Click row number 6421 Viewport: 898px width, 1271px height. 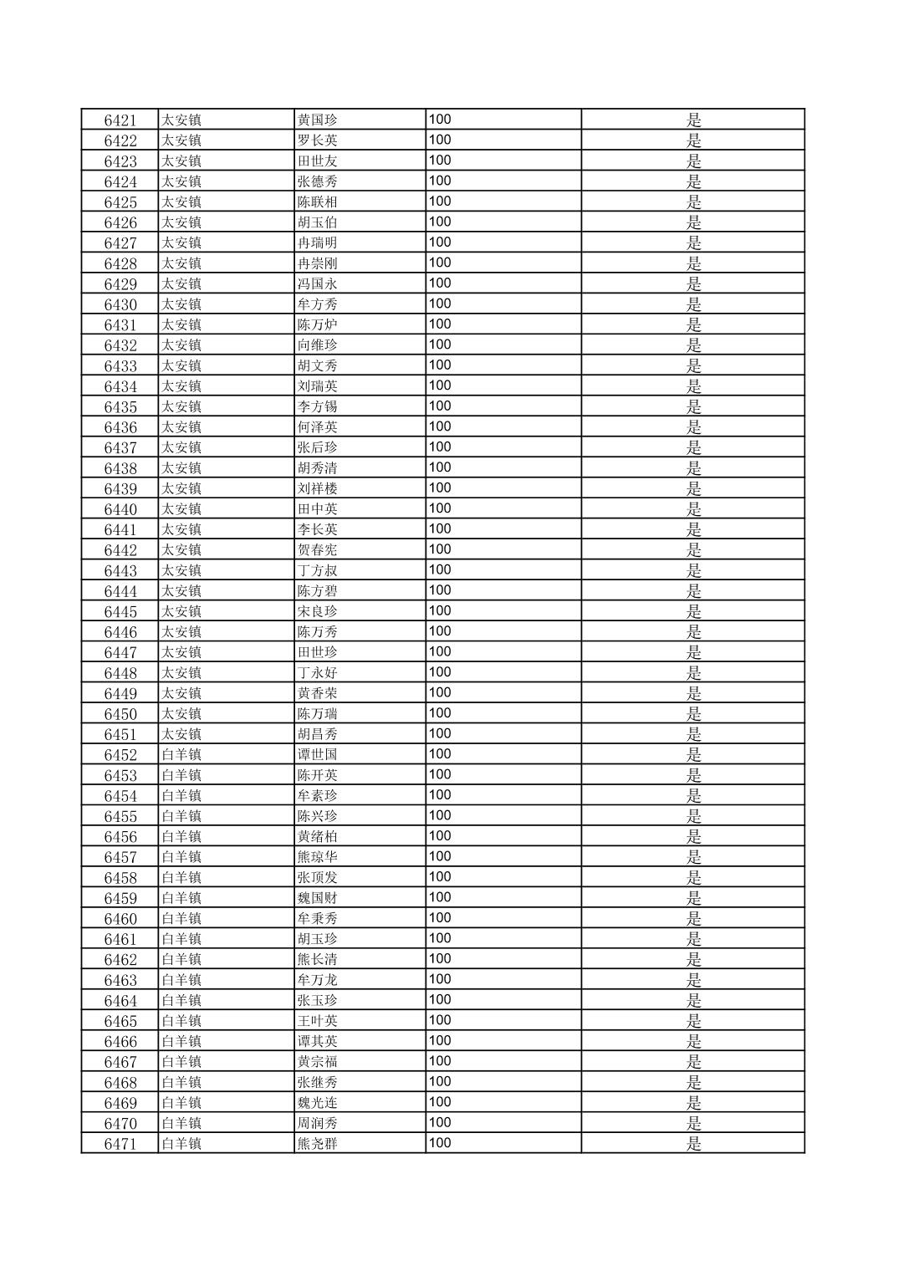[120, 120]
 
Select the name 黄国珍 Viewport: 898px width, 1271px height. [317, 120]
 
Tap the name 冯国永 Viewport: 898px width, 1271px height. [317, 283]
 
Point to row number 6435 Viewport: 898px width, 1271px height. [120, 406]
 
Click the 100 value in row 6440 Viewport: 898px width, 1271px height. [440, 508]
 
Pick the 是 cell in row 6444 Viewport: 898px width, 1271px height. [693, 591]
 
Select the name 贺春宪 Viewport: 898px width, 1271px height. [317, 550]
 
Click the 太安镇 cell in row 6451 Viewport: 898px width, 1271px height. [181, 734]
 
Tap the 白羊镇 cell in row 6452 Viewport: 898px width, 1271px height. [181, 755]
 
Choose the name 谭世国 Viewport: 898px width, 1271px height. [317, 755]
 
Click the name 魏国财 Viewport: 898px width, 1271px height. [317, 898]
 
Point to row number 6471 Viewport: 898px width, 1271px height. [120, 1144]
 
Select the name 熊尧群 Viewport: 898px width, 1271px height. [317, 1144]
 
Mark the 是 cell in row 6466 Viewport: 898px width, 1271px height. [693, 1042]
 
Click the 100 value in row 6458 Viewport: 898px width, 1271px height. [440, 877]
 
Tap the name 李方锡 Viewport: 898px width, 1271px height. [317, 406]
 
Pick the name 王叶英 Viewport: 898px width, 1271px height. [317, 1021]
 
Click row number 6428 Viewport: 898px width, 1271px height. [120, 263]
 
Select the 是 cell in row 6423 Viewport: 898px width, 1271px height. [693, 161]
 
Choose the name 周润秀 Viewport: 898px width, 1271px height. [317, 1123]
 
